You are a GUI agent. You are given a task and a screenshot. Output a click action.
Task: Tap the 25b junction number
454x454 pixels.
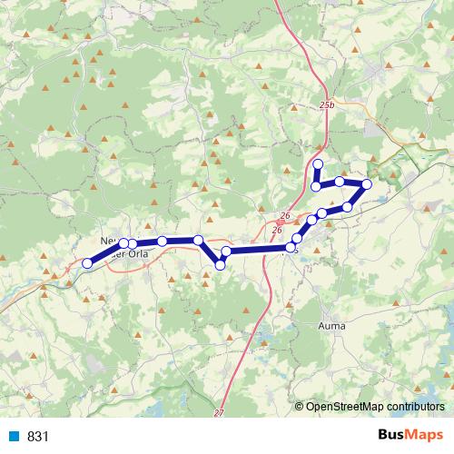pos(327,106)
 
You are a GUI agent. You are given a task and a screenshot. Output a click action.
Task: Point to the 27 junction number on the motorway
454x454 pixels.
pos(219,413)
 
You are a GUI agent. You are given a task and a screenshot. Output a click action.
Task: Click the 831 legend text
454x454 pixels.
pos(37,437)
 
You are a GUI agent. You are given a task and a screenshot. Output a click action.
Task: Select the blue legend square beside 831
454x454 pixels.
pos(15,437)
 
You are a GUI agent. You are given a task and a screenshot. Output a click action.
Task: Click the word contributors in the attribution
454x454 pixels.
pos(414,406)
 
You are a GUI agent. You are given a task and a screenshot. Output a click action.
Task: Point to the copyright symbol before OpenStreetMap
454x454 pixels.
pos(299,406)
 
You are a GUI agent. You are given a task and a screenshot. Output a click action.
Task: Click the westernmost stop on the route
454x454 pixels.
pos(87,263)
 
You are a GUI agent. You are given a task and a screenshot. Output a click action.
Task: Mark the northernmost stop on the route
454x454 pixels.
pos(317,164)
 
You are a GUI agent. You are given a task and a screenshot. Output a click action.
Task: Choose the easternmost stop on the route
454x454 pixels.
pos(367,185)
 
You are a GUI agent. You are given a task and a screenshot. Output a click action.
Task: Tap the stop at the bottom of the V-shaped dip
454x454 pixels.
pos(221,264)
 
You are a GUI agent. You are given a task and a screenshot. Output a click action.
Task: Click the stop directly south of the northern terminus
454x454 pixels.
pos(316,187)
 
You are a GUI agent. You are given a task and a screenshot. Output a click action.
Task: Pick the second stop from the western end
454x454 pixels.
pos(124,243)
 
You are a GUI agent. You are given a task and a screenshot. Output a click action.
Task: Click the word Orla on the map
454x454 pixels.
pos(137,254)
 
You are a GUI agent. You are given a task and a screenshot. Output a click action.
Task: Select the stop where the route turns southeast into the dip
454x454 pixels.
pos(199,240)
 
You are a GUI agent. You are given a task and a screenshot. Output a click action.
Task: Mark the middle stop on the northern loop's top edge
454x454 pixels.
pos(340,182)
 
